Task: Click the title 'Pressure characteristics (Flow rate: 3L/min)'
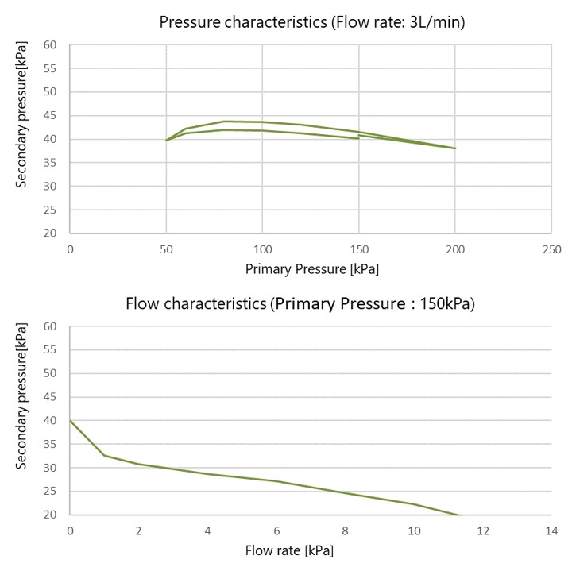click(x=311, y=21)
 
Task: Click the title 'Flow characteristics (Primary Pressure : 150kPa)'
click(x=300, y=303)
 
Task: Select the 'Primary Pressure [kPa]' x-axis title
click(x=311, y=269)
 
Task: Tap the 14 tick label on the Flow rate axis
click(x=551, y=530)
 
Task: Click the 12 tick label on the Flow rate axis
click(x=482, y=530)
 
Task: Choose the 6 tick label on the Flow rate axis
click(x=276, y=530)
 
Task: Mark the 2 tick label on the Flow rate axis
click(x=139, y=530)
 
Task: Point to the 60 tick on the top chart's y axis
click(x=51, y=45)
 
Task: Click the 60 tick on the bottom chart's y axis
click(x=51, y=326)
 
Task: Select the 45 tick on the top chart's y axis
click(x=51, y=116)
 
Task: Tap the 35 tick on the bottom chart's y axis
click(x=51, y=444)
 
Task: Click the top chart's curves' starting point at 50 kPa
click(x=166, y=141)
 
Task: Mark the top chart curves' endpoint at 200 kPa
click(x=455, y=148)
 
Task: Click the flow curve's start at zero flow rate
click(x=71, y=420)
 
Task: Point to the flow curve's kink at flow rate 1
click(x=105, y=455)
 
